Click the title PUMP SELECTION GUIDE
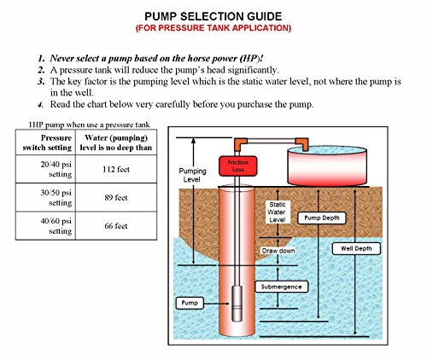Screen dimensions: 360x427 point(213,15)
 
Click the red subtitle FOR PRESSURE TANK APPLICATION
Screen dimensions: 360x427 point(213,28)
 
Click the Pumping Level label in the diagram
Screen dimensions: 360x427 point(191,175)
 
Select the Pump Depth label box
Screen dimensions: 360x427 point(319,218)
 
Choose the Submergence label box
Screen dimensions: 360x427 point(282,287)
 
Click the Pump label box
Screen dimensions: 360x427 point(190,303)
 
